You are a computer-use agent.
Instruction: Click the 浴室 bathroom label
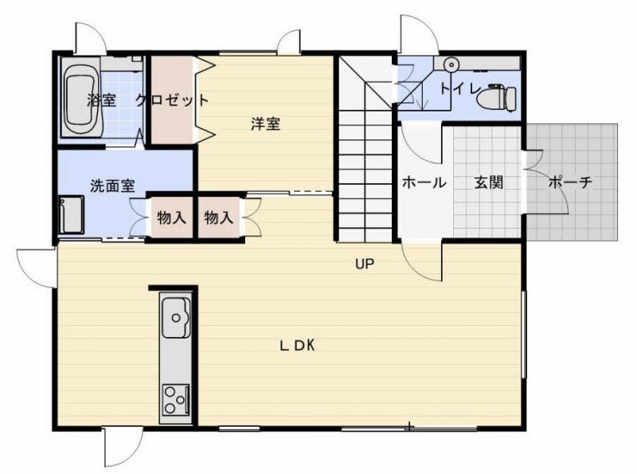[x=102, y=100]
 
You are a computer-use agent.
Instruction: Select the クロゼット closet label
[x=172, y=100]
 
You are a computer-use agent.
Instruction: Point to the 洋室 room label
[x=266, y=124]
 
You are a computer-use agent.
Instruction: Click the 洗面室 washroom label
[x=112, y=186]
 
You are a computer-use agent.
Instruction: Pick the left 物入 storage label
[x=171, y=218]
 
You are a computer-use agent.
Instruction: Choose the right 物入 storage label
[x=218, y=218]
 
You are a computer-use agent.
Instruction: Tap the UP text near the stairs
[x=365, y=264]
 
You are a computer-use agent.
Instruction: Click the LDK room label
[x=297, y=346]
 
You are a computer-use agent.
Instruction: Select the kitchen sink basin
[x=176, y=318]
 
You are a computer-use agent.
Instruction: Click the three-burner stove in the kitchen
[x=176, y=400]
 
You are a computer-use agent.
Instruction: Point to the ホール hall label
[x=424, y=182]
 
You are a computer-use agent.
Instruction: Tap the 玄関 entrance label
[x=489, y=182]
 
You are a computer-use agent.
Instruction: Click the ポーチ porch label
[x=570, y=182]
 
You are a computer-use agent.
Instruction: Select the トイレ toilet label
[x=462, y=89]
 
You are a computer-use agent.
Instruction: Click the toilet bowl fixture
[x=496, y=98]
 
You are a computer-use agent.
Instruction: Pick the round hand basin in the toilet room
[x=450, y=65]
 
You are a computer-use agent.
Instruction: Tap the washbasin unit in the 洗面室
[x=72, y=215]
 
